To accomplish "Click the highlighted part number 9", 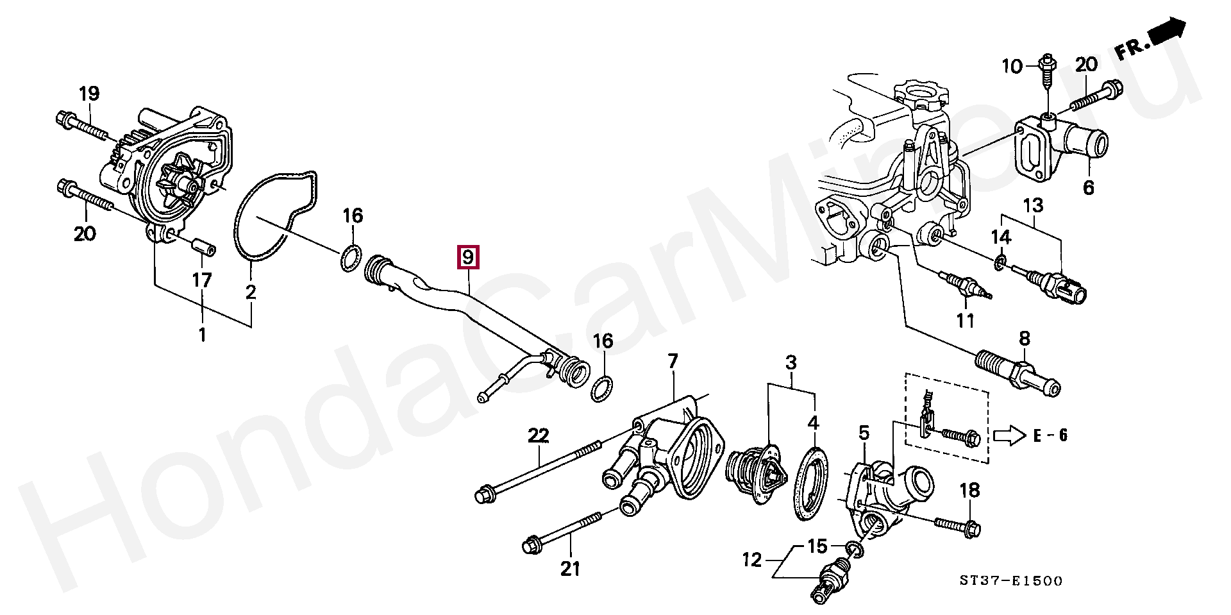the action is [x=467, y=258].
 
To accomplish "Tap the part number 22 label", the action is [x=539, y=436].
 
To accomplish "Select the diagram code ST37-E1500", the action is [x=1011, y=581].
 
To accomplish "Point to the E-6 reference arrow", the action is [x=1009, y=435].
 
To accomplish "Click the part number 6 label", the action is [x=1089, y=188].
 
